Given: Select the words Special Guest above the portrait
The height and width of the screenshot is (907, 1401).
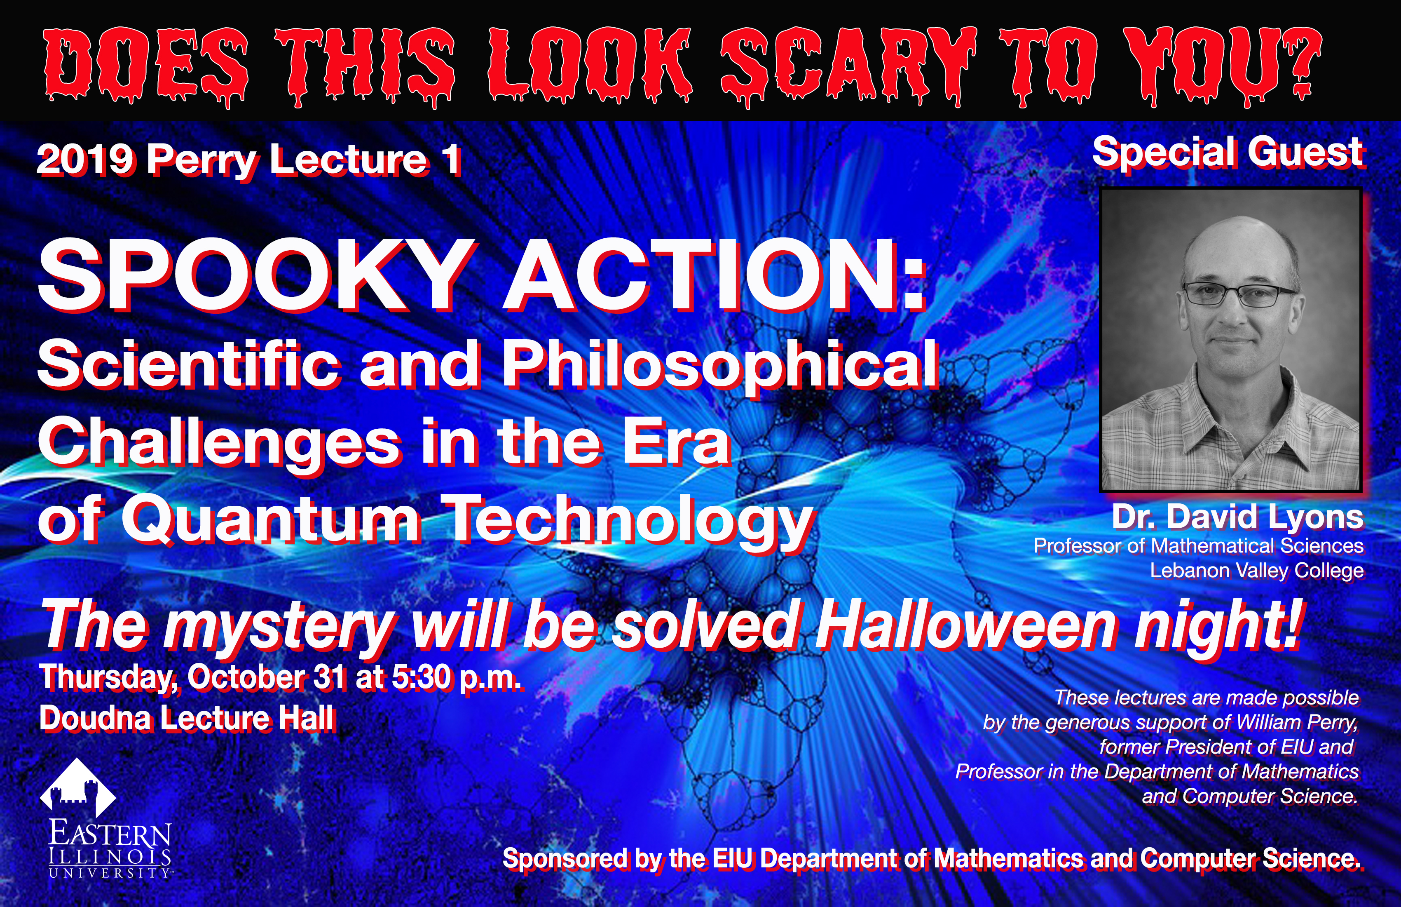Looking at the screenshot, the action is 1228,153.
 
